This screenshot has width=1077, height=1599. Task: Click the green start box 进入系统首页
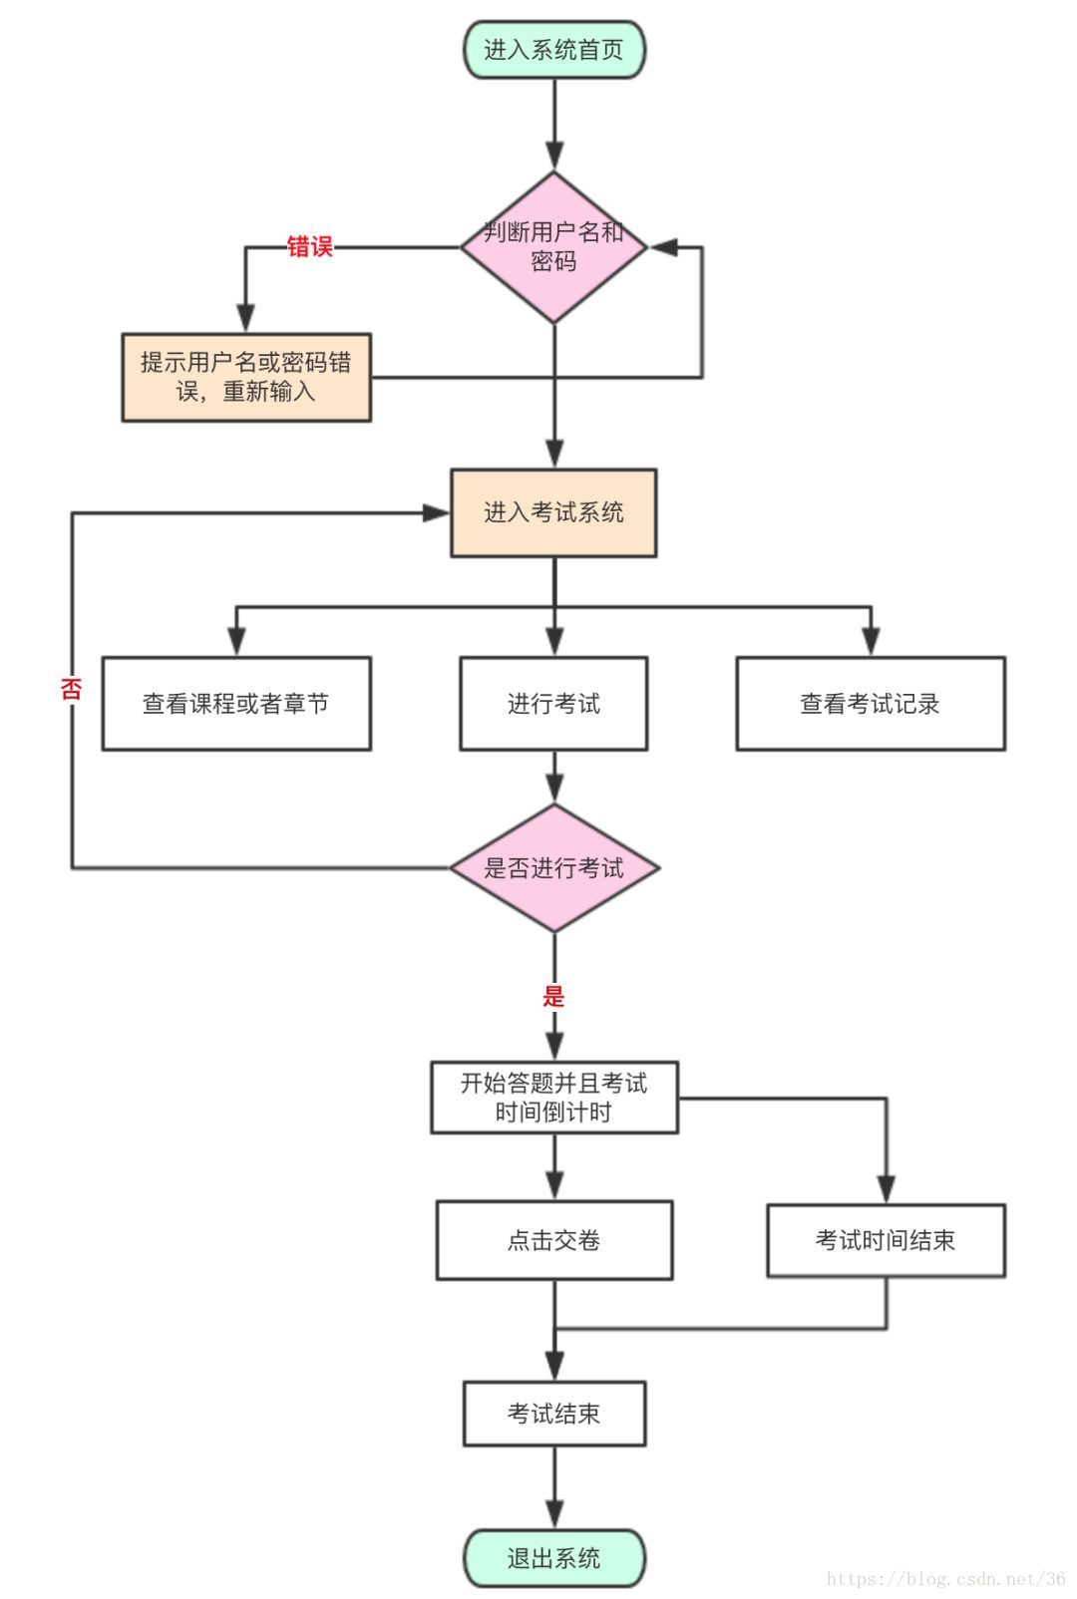click(x=554, y=50)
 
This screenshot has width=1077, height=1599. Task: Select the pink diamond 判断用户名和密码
click(x=554, y=247)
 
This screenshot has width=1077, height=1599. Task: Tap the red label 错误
click(x=309, y=246)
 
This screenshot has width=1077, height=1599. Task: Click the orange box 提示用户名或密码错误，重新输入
click(x=246, y=377)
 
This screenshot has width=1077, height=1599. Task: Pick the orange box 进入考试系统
click(x=553, y=512)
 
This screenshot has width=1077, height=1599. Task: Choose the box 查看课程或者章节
click(x=236, y=704)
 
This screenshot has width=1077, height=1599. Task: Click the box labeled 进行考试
click(x=553, y=704)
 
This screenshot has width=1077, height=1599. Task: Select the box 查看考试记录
click(x=870, y=704)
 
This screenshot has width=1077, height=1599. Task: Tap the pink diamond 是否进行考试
click(x=554, y=868)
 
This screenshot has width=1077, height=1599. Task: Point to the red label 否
click(x=71, y=688)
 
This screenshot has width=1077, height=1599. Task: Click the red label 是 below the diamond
click(x=554, y=995)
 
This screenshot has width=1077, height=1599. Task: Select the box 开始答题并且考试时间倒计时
click(x=554, y=1098)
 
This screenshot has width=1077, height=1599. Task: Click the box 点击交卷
click(x=554, y=1240)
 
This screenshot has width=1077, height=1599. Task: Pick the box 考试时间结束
click(x=886, y=1240)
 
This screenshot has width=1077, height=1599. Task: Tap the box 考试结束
click(x=554, y=1414)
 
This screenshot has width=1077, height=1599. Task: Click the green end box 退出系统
click(x=554, y=1558)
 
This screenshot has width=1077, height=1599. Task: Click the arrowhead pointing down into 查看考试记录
click(x=871, y=643)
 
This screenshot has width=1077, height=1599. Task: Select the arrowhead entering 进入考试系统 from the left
click(x=437, y=512)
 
